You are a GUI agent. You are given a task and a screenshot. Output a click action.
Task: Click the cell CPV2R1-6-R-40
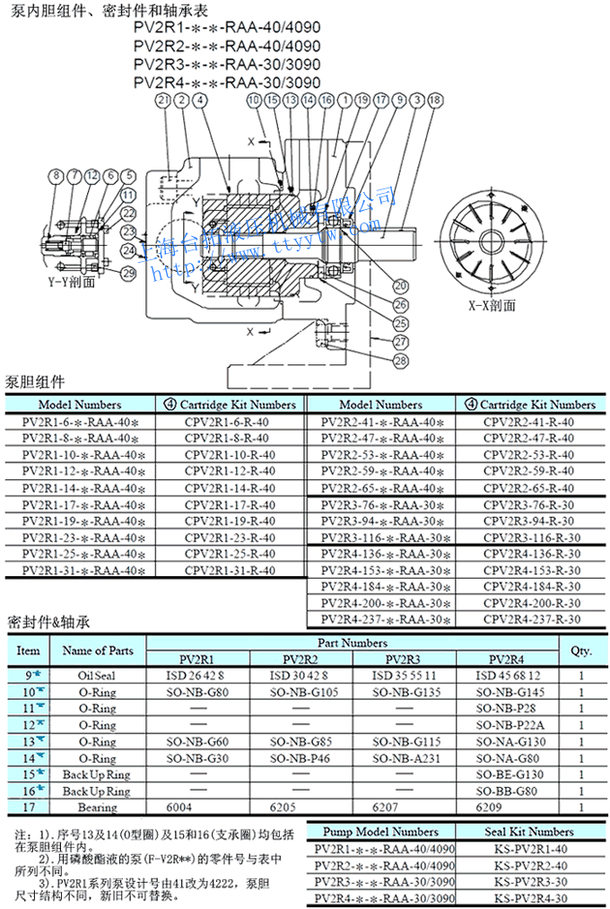click(228, 423)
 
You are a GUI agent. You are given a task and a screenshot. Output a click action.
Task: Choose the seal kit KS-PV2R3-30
click(528, 881)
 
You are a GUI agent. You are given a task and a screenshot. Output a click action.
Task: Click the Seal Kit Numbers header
click(528, 832)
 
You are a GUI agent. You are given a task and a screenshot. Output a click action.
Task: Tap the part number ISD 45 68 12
click(509, 676)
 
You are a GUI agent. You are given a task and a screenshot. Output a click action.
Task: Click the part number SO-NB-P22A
click(509, 725)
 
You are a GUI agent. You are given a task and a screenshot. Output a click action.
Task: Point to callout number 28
click(400, 361)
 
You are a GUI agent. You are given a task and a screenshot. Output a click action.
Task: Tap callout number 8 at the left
click(55, 176)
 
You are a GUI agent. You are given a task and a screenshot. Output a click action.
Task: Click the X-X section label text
click(492, 304)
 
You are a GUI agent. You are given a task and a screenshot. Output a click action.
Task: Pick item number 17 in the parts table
click(29, 807)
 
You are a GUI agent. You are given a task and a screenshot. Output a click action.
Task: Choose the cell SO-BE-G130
click(509, 774)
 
